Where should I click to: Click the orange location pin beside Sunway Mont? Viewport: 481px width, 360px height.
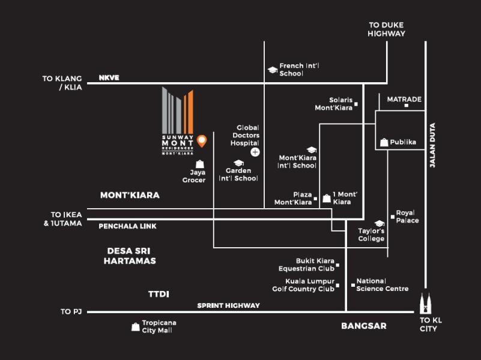[x=202, y=140]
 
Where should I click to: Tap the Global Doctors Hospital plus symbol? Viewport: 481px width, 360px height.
[x=255, y=152]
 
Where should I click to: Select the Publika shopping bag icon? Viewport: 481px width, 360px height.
[x=384, y=142]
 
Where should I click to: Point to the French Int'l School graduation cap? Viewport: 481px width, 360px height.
[x=272, y=70]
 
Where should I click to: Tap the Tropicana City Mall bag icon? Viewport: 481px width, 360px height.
[x=135, y=327]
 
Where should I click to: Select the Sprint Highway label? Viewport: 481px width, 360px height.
[x=229, y=305]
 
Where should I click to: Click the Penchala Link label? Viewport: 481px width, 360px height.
[x=127, y=226]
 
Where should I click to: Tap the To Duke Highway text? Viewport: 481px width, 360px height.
[x=386, y=29]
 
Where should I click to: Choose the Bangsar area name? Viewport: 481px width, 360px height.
[x=363, y=326]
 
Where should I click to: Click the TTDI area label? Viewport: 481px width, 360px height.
[x=159, y=294]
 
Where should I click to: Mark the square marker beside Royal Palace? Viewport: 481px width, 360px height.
[x=392, y=216]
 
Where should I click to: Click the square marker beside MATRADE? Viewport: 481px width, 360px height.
[x=406, y=106]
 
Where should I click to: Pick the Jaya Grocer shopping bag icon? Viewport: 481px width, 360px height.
[x=200, y=164]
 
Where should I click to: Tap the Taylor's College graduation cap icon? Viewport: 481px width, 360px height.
[x=379, y=223]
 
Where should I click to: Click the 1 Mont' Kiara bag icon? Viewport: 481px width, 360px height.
[x=326, y=198]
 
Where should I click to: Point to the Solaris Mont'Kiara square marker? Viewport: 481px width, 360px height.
[x=355, y=104]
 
